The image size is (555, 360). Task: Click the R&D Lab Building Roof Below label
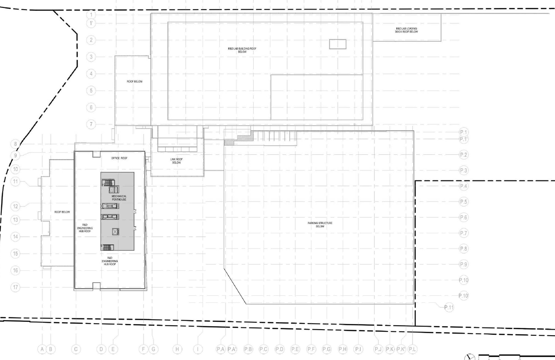[242, 50]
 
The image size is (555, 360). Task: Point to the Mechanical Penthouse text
[118, 198]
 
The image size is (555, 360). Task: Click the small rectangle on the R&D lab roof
[337, 44]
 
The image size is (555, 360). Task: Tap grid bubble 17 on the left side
[16, 287]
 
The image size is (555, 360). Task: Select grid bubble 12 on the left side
[16, 206]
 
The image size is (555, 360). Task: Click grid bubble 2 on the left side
[91, 40]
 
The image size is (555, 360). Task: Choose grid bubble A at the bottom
[42, 349]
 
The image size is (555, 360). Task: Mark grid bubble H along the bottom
[177, 349]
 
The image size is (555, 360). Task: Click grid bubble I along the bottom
[198, 349]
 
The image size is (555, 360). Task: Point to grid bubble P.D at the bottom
[279, 349]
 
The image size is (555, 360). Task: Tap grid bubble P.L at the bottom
[412, 349]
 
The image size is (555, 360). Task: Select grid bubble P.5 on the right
[464, 202]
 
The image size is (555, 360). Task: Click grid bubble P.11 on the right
[449, 308]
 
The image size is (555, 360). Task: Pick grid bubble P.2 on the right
[464, 155]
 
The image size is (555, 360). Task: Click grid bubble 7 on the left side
[91, 124]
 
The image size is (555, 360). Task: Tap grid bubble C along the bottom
[76, 349]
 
